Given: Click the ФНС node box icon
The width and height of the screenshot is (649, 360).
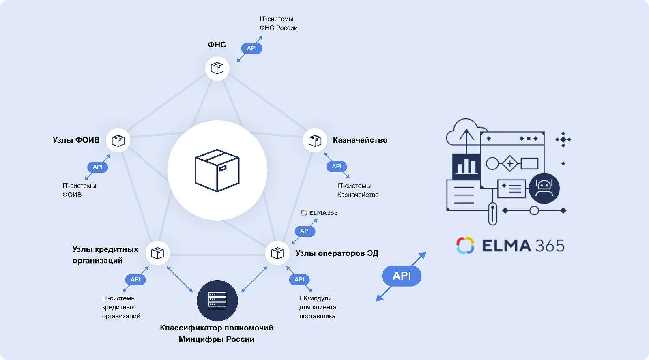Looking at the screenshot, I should tap(217, 68).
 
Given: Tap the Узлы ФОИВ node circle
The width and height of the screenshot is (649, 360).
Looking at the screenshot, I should tap(118, 141).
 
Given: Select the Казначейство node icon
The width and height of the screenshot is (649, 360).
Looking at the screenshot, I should tap(315, 141).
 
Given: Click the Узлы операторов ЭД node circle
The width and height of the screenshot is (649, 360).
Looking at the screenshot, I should tap(277, 253).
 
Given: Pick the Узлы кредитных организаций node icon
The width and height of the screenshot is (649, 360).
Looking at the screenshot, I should tap(157, 253).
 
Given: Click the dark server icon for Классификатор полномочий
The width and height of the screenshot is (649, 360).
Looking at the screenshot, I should tap(217, 300).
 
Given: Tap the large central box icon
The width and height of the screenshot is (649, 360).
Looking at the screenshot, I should tap(217, 171).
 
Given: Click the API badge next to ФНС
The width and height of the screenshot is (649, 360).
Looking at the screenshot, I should tap(251, 48).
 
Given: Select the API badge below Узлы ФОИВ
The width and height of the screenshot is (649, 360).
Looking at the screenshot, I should tap(97, 167).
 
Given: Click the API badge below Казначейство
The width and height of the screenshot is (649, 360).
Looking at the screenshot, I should tap(337, 166).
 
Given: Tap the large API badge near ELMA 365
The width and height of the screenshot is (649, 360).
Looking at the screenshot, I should tap(402, 276).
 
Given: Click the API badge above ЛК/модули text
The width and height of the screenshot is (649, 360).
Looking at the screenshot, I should tap(299, 279).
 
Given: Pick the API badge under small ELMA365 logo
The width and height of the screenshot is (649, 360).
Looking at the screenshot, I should tap(305, 231).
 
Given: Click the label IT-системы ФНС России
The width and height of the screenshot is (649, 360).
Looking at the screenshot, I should tap(278, 24).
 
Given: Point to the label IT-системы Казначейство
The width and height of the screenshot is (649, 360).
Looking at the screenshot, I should tap(358, 190).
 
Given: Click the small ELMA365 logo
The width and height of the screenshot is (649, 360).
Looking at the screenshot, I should tap(319, 213).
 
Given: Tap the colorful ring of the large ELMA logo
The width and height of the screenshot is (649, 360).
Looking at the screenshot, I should tap(465, 245).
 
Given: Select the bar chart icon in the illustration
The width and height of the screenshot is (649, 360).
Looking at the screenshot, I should tap(466, 166).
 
